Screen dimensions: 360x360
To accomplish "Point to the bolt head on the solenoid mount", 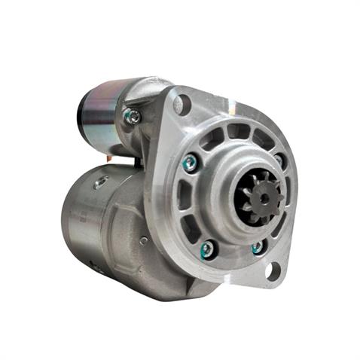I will coord(133,115).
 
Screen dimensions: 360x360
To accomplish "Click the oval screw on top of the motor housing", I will coord(101,182).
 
